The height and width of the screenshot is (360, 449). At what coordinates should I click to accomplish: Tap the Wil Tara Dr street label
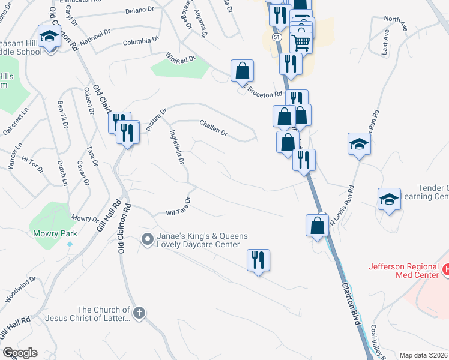click(x=178, y=208)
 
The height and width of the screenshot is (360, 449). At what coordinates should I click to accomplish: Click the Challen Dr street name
click(x=214, y=128)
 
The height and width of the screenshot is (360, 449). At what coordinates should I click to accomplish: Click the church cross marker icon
click(x=139, y=313)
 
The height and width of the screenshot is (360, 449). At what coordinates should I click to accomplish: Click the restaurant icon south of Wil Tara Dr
click(x=258, y=260)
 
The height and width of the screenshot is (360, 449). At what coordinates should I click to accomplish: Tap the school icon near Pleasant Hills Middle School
click(x=49, y=36)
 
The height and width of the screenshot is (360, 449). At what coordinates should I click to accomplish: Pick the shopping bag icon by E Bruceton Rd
click(x=242, y=71)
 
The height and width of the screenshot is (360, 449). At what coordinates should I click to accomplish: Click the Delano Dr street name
click(x=141, y=10)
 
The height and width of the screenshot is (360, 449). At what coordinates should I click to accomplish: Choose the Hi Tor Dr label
click(x=32, y=163)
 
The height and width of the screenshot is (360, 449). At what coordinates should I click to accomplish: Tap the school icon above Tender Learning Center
click(x=360, y=145)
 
